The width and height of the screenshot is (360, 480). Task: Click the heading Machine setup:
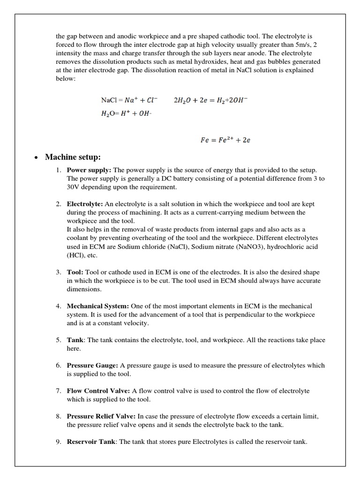tap(73, 157)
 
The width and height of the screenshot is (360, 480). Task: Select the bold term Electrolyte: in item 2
tap(85, 204)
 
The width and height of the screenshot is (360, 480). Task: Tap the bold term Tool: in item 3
tap(75, 272)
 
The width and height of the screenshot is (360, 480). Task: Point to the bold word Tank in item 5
tap(75, 340)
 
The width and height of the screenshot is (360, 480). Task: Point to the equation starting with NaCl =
tap(129, 100)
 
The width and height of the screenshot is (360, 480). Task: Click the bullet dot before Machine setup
tap(36, 157)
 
